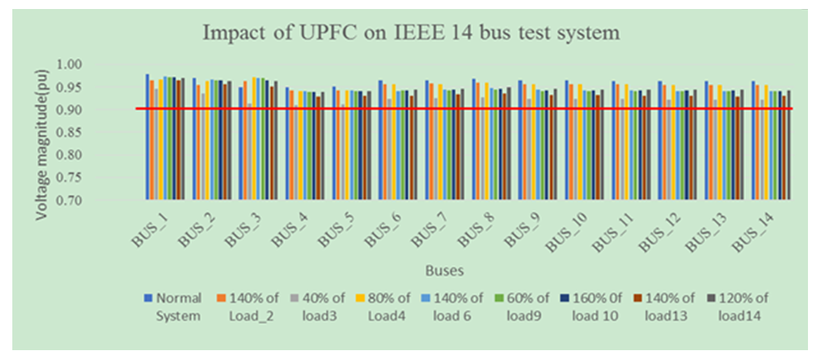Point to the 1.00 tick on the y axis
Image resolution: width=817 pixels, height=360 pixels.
[112, 64]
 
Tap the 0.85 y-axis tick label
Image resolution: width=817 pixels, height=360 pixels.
[112, 132]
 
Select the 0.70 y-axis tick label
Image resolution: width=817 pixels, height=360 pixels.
[112, 200]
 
